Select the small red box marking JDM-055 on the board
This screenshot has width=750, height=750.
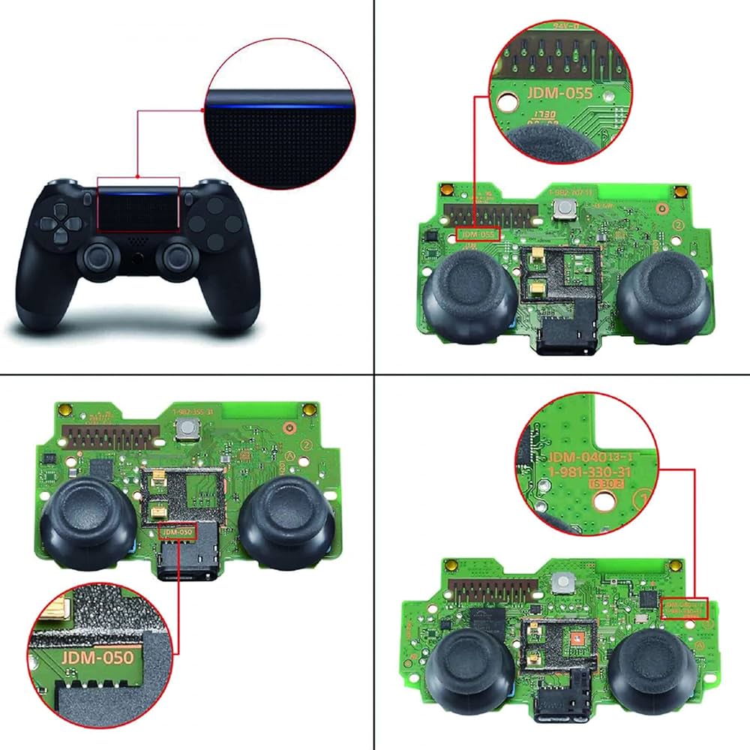pos(477,234)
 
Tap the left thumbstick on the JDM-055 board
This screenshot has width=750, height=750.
pos(469,289)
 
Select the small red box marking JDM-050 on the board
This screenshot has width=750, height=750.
pos(178,532)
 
